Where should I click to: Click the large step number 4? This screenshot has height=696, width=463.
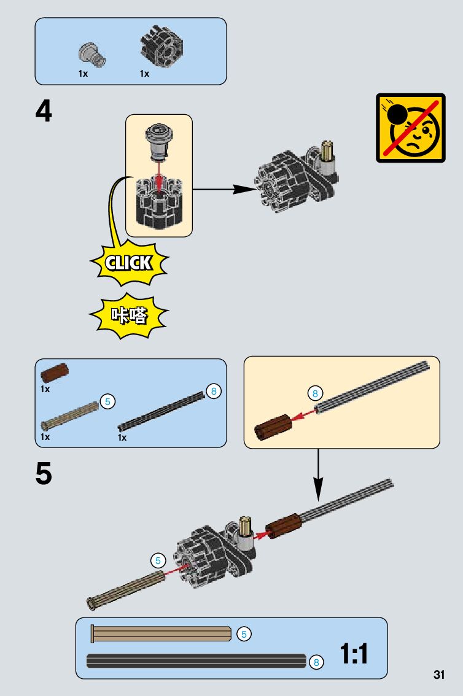click(44, 112)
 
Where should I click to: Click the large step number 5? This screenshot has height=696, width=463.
click(44, 474)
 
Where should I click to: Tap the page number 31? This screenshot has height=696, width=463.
click(438, 675)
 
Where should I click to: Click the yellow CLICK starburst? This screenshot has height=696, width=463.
click(128, 263)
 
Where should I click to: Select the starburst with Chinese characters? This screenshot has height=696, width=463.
click(128, 315)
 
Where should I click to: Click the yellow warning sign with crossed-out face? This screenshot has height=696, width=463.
click(410, 128)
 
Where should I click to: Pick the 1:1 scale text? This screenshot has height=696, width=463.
click(354, 654)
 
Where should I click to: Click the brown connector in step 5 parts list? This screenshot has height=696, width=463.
click(55, 372)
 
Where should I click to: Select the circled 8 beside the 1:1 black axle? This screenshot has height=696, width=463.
click(316, 662)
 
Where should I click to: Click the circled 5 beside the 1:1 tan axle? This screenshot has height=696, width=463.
click(244, 634)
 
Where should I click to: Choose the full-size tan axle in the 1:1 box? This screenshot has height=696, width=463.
click(161, 634)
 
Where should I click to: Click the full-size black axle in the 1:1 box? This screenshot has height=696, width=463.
click(196, 661)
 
